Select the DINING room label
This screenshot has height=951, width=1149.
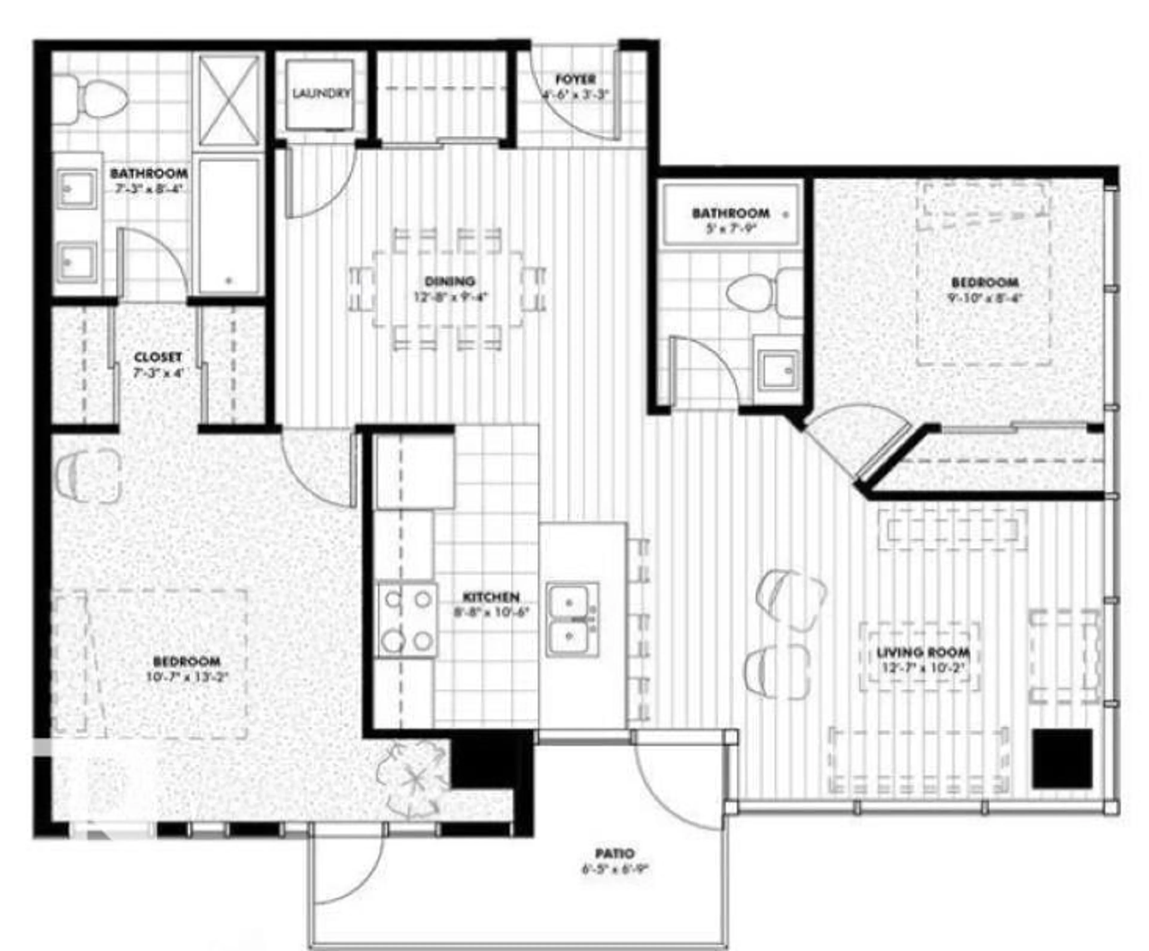point(449,282)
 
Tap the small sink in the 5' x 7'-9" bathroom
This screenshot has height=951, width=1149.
point(778,371)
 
